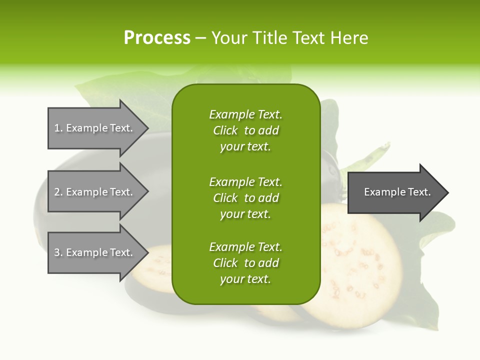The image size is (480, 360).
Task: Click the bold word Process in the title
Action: (157, 38)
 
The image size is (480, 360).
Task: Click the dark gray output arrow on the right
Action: (395, 192)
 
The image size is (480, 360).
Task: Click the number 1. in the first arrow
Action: (58, 128)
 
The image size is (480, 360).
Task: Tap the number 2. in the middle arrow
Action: (58, 192)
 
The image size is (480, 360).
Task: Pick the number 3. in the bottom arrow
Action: (58, 252)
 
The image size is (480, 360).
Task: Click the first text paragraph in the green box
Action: (245, 130)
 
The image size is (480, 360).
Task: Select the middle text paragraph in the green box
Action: (245, 197)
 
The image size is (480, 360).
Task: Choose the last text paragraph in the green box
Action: (245, 263)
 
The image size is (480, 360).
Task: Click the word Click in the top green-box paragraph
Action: (225, 130)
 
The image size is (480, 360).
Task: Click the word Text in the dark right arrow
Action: (419, 192)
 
